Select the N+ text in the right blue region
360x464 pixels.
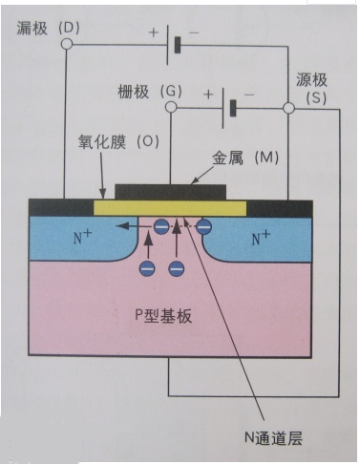261,238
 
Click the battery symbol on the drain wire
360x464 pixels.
174,46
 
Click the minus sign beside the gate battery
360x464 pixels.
249,94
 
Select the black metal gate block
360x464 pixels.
171,191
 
